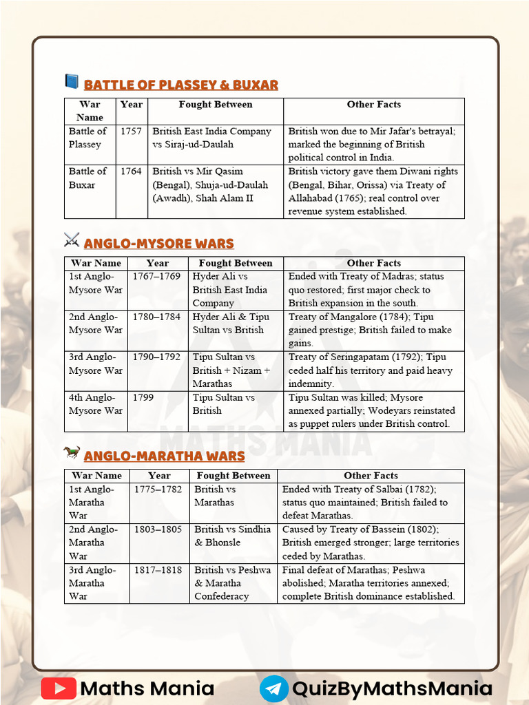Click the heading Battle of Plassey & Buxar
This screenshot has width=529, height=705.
tap(180, 85)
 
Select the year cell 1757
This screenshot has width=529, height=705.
tap(131, 131)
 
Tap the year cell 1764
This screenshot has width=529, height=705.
tap(131, 171)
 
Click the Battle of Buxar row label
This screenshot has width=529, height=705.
tap(87, 178)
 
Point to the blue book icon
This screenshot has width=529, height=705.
tap(72, 82)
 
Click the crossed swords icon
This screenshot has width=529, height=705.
tap(72, 240)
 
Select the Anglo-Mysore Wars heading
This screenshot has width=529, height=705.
tap(158, 243)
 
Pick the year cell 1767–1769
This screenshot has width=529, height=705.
tap(157, 276)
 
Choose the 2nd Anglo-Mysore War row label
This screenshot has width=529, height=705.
tap(95, 323)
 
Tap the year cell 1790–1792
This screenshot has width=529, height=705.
tap(157, 357)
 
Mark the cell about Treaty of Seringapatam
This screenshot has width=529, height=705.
tap(373, 370)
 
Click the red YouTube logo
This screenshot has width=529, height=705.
tap(59, 688)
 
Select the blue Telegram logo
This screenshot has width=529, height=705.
tap(273, 688)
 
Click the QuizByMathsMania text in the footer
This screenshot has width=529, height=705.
tap(392, 688)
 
